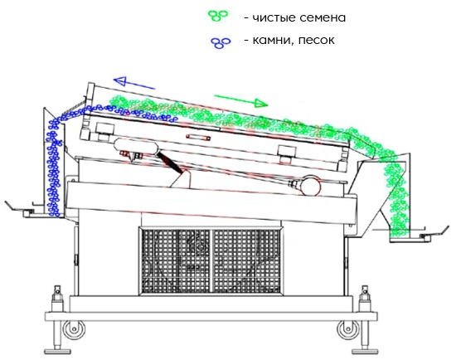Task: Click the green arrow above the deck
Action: [241, 100]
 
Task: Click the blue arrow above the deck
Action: [134, 83]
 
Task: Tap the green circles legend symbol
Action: [218, 16]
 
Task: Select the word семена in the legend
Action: [323, 18]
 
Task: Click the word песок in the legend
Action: [317, 40]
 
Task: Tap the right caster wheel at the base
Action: [348, 330]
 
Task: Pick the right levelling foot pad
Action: [365, 352]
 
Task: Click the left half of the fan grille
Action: [176, 261]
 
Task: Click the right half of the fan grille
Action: [246, 261]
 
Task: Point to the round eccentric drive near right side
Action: [312, 185]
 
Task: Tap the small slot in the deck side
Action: [198, 137]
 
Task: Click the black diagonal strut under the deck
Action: [169, 162]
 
